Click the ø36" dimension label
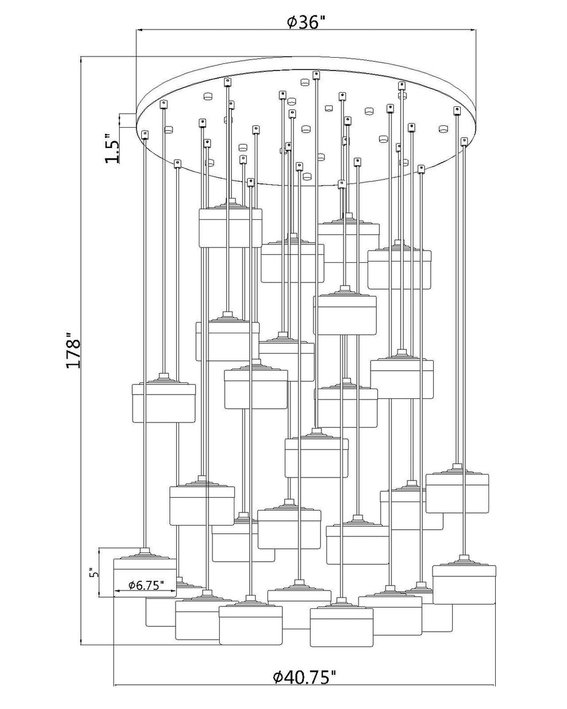click(307, 21)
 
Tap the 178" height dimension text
click(73, 351)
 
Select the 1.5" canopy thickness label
click(112, 148)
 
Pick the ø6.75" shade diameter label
click(145, 586)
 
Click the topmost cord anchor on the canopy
click(316, 75)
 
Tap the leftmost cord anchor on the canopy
click(145, 134)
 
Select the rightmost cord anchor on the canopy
click(463, 142)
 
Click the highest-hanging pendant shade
click(231, 225)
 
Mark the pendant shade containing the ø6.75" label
click(145, 572)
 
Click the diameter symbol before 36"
click(292, 21)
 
